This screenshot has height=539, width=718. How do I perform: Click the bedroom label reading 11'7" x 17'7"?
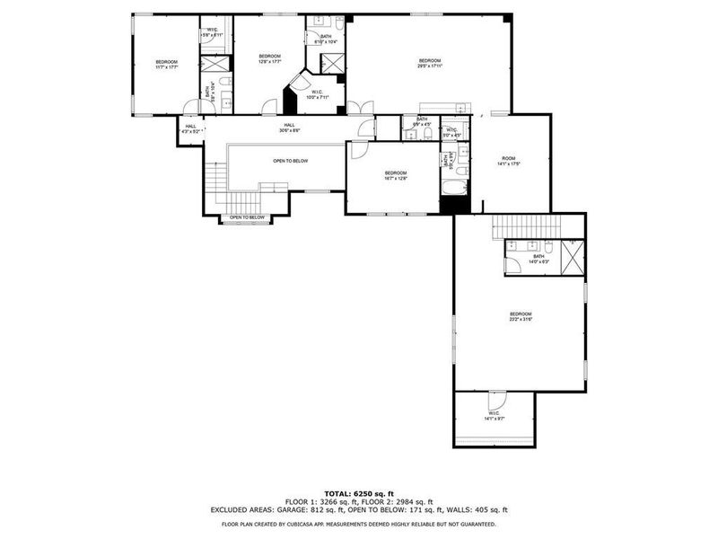(x=166, y=64)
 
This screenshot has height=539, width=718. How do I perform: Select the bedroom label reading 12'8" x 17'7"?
(x=269, y=58)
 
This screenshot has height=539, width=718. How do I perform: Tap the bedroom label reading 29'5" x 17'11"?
(x=429, y=63)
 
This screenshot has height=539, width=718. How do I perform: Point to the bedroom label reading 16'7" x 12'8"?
(x=396, y=175)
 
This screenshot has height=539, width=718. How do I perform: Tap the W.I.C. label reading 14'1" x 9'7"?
(x=495, y=416)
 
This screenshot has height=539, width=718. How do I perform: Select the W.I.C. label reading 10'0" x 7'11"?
(x=319, y=94)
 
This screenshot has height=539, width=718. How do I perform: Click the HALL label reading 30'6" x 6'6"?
(x=289, y=128)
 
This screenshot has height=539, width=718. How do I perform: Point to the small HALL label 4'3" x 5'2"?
(x=190, y=128)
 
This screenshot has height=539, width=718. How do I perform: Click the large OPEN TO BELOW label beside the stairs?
(x=291, y=161)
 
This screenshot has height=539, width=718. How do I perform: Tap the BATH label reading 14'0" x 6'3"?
(x=538, y=259)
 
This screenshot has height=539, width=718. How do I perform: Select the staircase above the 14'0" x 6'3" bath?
(x=526, y=226)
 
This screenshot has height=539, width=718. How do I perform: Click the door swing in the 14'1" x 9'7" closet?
(x=496, y=399)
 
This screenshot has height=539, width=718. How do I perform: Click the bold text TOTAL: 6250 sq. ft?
(x=359, y=493)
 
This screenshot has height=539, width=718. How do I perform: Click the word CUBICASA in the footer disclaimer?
(x=331, y=524)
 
